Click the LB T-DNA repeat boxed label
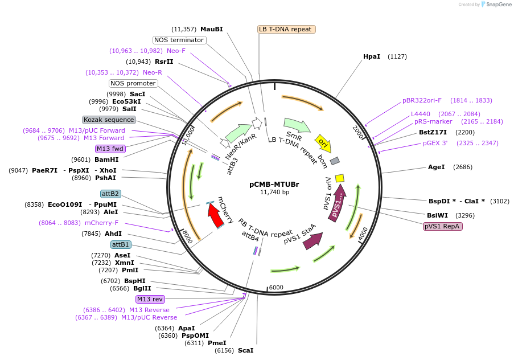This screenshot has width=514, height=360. (x=286, y=29)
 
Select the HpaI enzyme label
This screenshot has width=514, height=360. (x=372, y=56)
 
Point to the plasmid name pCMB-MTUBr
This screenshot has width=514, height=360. (x=274, y=184)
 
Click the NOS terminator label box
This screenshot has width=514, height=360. (x=179, y=40)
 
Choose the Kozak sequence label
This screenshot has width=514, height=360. (x=109, y=120)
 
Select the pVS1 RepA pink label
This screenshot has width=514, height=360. (x=442, y=226)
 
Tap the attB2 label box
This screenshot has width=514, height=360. (x=110, y=194)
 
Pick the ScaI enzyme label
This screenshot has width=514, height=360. (x=245, y=350)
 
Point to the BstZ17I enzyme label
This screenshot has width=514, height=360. (x=433, y=132)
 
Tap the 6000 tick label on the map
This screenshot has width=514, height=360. (x=276, y=288)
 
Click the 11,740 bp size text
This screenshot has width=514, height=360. (x=274, y=193)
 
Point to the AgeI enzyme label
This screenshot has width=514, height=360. (x=436, y=167)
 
